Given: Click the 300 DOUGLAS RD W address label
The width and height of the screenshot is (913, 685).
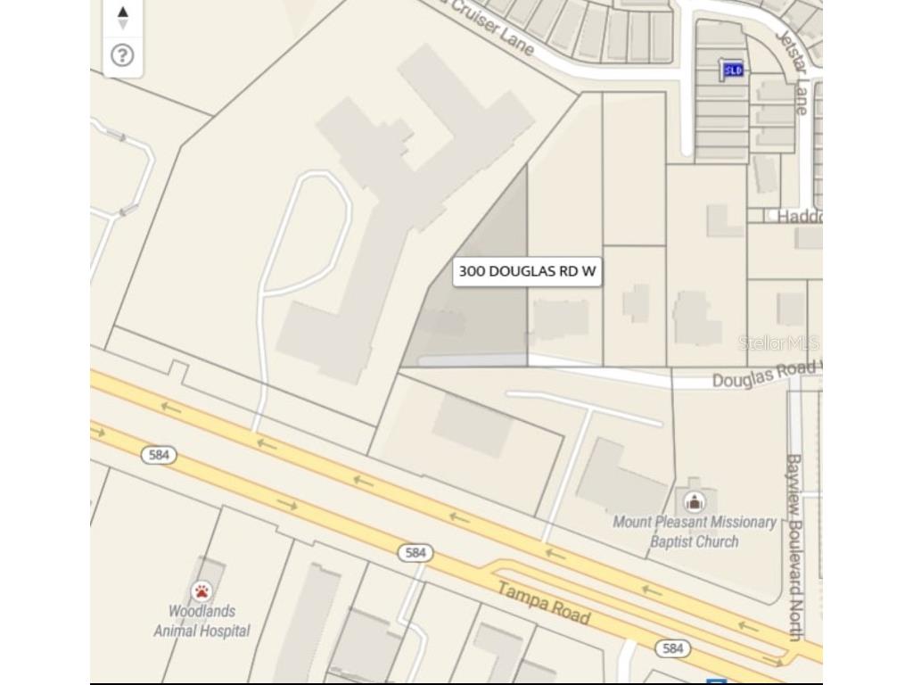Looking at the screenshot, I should [527, 271].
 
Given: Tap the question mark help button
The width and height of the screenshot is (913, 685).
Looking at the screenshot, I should [122, 55].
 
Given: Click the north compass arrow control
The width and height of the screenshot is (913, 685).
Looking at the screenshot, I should [122, 15].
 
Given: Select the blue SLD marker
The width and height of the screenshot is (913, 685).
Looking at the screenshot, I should [733, 70].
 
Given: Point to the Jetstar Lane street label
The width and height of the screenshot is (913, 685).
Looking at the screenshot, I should [792, 72].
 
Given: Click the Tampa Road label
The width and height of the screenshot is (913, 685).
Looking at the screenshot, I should [543, 603].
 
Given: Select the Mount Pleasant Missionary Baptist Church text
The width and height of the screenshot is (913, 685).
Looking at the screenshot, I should [694, 532].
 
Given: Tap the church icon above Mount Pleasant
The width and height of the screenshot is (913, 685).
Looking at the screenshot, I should [694, 501].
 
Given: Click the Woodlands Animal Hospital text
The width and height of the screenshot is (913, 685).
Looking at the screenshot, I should [202, 621].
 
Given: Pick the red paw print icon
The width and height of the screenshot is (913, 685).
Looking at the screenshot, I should [202, 591].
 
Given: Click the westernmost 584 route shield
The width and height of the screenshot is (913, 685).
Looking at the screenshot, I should [159, 455].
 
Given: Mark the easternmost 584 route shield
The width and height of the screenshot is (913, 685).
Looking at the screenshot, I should [672, 648].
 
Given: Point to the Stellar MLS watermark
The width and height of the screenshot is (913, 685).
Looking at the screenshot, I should [777, 343].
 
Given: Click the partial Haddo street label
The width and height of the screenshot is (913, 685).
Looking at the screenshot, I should [798, 217].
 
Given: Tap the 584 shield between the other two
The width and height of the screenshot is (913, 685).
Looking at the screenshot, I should [415, 553].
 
